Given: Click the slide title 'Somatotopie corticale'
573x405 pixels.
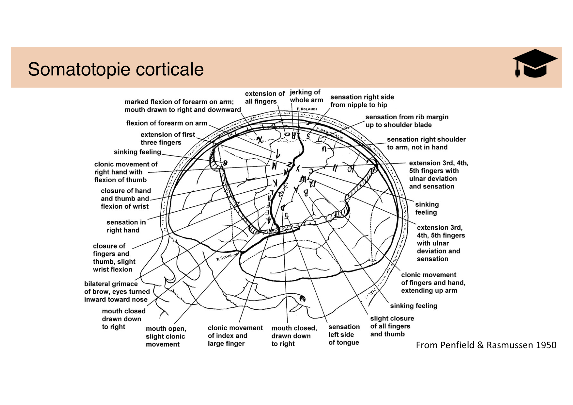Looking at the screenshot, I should [116, 69].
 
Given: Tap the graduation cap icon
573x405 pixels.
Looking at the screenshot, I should [534, 63].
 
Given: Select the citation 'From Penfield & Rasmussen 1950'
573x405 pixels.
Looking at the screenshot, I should [486, 345].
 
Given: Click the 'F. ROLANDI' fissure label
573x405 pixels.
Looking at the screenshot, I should [307, 109].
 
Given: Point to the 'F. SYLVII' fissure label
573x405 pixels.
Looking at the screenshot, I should [224, 258].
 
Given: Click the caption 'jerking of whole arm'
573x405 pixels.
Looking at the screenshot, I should [306, 96].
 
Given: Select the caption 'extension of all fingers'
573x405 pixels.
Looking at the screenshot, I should [264, 97].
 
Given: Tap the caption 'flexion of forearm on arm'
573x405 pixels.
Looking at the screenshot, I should [167, 123].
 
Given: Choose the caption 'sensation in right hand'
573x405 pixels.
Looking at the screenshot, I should [126, 226].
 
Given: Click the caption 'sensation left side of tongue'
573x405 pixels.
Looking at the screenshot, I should [344, 334].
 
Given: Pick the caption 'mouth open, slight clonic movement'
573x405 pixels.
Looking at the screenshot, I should [166, 336].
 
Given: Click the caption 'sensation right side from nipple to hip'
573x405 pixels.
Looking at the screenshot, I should [362, 101].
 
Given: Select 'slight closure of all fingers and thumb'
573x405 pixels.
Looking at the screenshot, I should [392, 326].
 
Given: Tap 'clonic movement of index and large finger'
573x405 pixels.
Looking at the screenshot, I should [235, 335].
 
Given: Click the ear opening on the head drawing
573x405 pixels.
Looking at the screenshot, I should [302, 298].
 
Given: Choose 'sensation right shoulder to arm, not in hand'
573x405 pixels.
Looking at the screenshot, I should [426, 143].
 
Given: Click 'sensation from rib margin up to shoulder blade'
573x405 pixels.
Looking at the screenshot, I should [406, 121].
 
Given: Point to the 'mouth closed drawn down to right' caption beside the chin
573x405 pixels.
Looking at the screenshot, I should [123, 319].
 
